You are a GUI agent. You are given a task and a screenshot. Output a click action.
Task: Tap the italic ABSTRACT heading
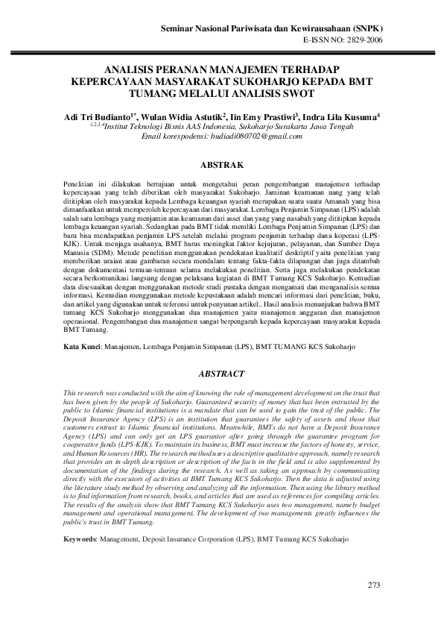pyautogui.click(x=221, y=373)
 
